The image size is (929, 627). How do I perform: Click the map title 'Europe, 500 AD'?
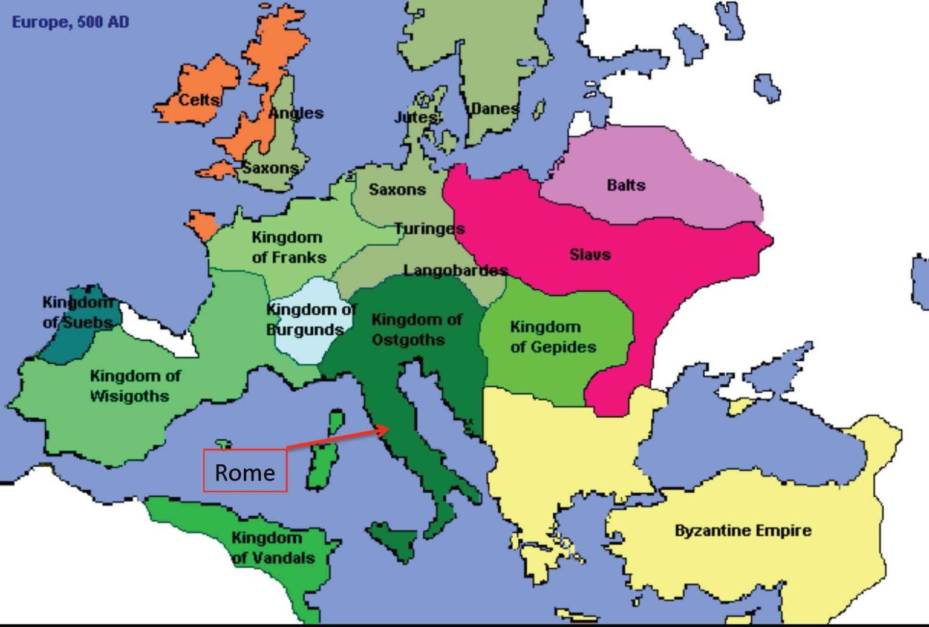[x=70, y=22]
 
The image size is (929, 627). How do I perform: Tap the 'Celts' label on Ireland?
[x=199, y=99]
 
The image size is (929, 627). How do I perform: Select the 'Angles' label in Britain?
[x=296, y=113]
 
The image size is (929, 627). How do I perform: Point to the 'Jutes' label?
[x=416, y=117]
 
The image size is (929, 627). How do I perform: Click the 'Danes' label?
[x=495, y=109]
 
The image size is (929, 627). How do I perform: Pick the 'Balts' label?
[x=626, y=185]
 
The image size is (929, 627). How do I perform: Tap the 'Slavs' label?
[x=590, y=254]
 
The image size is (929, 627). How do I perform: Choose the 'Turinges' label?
[x=429, y=229]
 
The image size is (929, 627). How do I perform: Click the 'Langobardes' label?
[x=455, y=270]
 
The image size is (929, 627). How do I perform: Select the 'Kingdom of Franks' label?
[x=288, y=247]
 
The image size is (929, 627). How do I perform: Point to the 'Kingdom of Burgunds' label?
[x=308, y=320]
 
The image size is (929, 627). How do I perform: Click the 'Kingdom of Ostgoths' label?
[x=416, y=329]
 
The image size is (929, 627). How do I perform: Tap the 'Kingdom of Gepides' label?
[x=553, y=336]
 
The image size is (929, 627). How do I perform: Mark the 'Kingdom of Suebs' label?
[x=77, y=312]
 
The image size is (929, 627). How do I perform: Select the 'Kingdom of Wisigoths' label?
[x=134, y=386]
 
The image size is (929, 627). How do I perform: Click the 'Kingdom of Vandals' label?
[x=273, y=548]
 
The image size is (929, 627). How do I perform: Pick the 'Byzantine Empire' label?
[x=743, y=531]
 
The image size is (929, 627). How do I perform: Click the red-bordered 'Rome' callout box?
[x=245, y=471]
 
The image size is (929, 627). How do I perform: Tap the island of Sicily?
[x=394, y=537]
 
